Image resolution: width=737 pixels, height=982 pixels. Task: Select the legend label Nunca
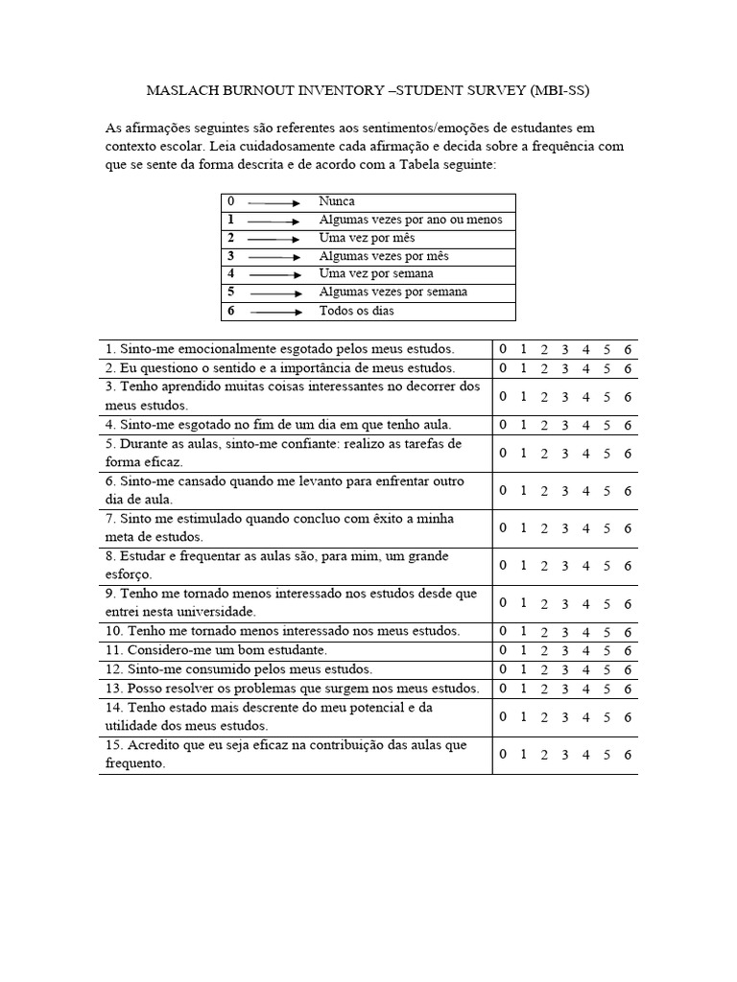pyautogui.click(x=337, y=201)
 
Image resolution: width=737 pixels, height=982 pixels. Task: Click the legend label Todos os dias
pyautogui.click(x=356, y=311)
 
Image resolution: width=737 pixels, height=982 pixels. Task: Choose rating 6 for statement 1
pyautogui.click(x=628, y=350)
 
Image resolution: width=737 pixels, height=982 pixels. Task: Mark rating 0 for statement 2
pyautogui.click(x=503, y=368)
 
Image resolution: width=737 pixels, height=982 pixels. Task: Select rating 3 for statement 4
pyautogui.click(x=565, y=425)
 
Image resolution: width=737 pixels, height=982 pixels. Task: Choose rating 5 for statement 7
pyautogui.click(x=606, y=528)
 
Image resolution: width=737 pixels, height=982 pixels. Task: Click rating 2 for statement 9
pyautogui.click(x=544, y=603)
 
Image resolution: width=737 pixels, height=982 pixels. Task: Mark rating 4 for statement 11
pyautogui.click(x=585, y=651)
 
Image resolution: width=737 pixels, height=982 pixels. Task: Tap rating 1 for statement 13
pyautogui.click(x=523, y=689)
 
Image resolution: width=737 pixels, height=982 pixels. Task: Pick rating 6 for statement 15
pyautogui.click(x=628, y=755)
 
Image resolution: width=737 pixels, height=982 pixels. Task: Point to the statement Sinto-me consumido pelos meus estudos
pyautogui.click(x=239, y=669)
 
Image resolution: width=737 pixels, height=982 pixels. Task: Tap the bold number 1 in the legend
pyautogui.click(x=230, y=220)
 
